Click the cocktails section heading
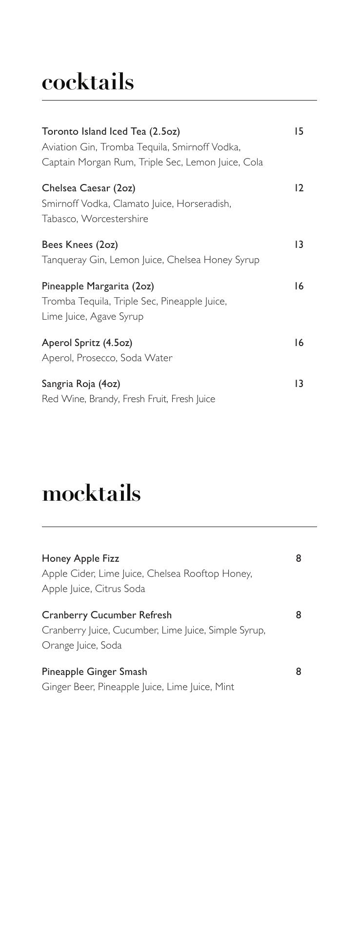coord(88,82)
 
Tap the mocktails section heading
coord(91,493)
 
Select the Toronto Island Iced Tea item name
coord(111,131)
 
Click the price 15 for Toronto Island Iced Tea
coord(299,131)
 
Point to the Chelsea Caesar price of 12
coord(299,188)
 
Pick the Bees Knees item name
coord(80,244)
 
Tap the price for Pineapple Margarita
coord(299,286)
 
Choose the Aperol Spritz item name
coord(87,343)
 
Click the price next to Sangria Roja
coord(299,384)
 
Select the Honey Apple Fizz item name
coord(80,558)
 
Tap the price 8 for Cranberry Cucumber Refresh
coord(299,615)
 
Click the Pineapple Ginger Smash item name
coord(94,672)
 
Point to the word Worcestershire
coord(115,219)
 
